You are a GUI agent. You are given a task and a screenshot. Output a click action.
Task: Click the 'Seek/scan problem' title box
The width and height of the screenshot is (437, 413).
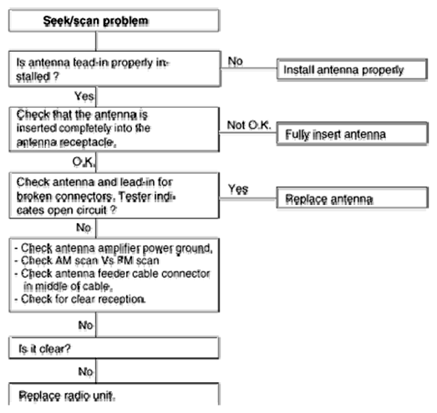pos(114,21)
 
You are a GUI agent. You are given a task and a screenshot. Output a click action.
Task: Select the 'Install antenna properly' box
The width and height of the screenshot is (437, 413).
pos(352,69)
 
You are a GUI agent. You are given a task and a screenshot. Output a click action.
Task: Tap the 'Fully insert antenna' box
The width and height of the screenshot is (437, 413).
pos(352,134)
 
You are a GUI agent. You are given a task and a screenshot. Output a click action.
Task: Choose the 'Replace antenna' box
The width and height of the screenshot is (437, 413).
pos(352,197)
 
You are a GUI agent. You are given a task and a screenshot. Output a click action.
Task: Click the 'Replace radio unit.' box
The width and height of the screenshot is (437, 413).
pos(114,394)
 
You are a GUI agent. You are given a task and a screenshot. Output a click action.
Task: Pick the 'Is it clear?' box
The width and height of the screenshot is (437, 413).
pos(114,348)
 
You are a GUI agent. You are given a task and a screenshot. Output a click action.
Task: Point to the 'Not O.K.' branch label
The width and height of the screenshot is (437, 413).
pos(249,125)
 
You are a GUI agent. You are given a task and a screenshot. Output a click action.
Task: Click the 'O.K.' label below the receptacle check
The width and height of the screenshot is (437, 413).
pos(84,161)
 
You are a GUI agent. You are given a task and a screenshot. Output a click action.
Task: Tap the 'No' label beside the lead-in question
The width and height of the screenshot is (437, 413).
pos(236,61)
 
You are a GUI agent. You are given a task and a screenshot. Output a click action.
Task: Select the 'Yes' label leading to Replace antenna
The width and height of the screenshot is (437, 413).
pos(238,189)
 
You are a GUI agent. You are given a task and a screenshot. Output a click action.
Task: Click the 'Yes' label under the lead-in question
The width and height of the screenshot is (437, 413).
pos(84,96)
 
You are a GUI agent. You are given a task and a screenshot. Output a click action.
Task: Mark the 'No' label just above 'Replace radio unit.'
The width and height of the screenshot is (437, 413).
pos(85,371)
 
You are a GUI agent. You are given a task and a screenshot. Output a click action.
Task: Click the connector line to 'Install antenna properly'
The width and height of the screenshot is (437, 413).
pos(248,69)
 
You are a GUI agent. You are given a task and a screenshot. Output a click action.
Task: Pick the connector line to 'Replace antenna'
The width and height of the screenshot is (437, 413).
pos(248,198)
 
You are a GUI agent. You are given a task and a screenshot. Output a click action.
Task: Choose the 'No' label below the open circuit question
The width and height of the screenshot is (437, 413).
pos(84,227)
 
